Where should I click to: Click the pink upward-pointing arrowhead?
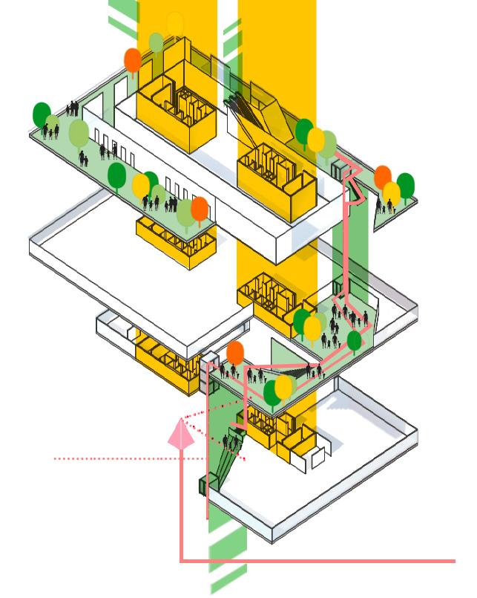[180, 434]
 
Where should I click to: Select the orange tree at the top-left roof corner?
[133, 59]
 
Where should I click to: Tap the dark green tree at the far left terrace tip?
[42, 114]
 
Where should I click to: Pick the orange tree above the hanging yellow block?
[200, 209]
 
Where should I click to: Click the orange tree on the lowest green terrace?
[235, 353]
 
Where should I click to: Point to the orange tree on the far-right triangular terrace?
[383, 178]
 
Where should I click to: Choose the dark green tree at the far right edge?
[405, 183]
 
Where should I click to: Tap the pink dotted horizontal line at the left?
[111, 459]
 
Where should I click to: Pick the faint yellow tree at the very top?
[175, 24]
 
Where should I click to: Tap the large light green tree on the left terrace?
[79, 134]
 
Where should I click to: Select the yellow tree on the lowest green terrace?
[284, 386]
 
